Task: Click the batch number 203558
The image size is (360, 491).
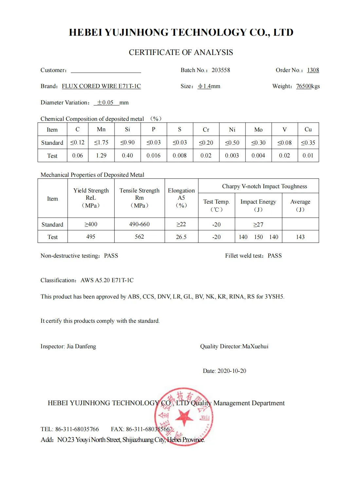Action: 221,70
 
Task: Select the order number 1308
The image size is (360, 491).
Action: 313,70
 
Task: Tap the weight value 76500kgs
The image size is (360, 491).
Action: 308,86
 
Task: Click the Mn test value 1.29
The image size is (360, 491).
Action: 101,155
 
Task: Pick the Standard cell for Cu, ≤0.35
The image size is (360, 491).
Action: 308,143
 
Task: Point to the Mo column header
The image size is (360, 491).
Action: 258,130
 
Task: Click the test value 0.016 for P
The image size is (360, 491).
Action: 153,155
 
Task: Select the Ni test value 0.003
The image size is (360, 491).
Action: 232,155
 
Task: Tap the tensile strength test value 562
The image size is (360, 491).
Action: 139,237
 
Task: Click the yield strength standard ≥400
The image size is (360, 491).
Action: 91,224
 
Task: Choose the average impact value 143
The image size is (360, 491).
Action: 300,237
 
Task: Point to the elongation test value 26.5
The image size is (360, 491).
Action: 181,237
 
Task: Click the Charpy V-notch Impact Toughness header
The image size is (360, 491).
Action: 264,186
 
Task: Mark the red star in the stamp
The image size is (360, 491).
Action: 184,417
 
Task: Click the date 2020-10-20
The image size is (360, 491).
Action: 232,371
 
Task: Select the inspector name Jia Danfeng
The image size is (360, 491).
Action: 81,346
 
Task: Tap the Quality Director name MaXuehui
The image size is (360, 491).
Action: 255,346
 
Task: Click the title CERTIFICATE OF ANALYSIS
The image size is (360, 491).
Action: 181,52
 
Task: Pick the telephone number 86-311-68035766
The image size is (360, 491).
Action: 77,429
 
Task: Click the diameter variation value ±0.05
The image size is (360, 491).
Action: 105,102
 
